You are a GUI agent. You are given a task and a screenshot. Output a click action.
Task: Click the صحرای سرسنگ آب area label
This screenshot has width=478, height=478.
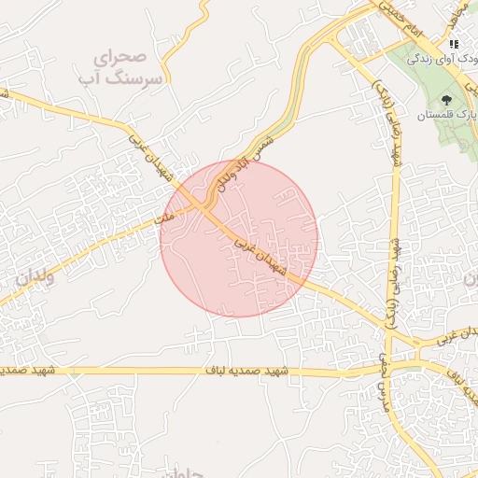128,68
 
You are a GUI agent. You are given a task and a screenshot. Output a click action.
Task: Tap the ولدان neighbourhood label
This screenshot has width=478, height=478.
35,277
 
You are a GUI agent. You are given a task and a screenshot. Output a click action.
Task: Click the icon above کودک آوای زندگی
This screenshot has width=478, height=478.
454,44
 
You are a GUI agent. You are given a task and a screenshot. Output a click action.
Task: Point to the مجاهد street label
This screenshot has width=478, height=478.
457,11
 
